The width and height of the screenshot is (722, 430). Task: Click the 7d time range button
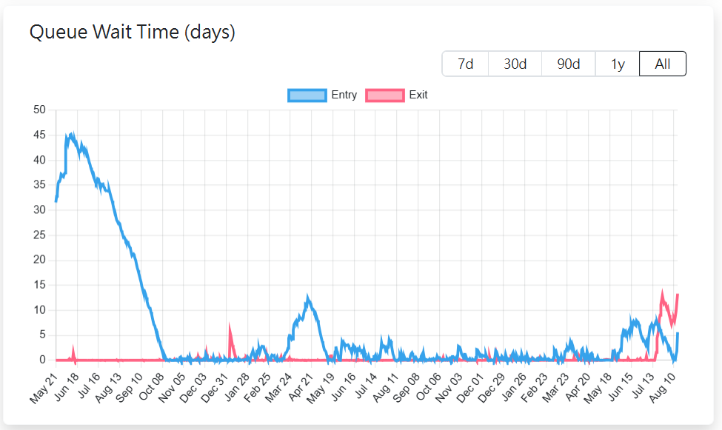[465, 64]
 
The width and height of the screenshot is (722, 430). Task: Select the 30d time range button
[515, 64]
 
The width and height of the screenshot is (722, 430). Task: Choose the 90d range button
[568, 64]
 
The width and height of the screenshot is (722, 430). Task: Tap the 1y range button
[618, 64]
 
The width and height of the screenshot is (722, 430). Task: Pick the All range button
[663, 64]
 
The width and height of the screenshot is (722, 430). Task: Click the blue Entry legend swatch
[307, 95]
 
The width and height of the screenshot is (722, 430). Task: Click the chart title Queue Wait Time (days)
[132, 32]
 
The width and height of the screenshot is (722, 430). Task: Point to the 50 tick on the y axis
[40, 110]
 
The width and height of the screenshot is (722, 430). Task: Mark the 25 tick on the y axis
[40, 235]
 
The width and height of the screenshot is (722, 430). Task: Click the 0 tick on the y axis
[43, 360]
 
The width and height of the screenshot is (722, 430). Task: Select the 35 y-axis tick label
[40, 185]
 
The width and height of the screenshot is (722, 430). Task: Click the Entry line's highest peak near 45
[71, 135]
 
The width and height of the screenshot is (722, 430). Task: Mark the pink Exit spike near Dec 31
[230, 326]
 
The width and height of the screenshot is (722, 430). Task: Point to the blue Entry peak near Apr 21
[308, 298]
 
